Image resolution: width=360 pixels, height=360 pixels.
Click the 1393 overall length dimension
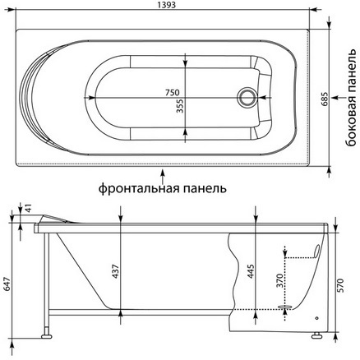[167, 5]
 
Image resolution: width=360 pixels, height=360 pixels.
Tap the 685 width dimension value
[325, 99]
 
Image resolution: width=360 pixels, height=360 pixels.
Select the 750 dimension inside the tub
[172, 93]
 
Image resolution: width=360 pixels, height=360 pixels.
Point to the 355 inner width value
[180, 106]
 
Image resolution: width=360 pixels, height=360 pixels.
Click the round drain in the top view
[247, 98]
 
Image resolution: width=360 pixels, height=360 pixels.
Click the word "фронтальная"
[139, 189]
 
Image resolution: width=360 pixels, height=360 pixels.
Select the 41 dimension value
[29, 208]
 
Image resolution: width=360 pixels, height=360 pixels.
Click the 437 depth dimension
[116, 271]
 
